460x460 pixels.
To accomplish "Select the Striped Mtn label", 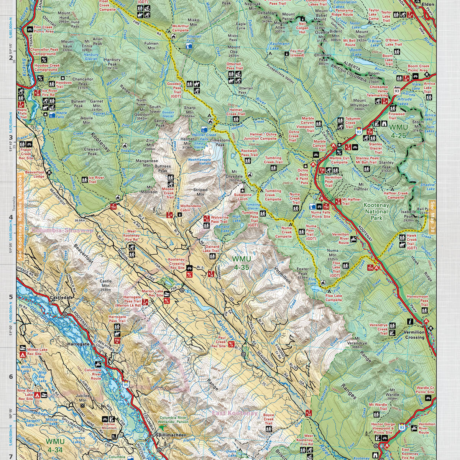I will (200, 192).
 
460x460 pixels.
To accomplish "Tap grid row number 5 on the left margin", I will (10, 297).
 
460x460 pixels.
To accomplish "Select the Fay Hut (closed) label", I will (297, 53).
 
